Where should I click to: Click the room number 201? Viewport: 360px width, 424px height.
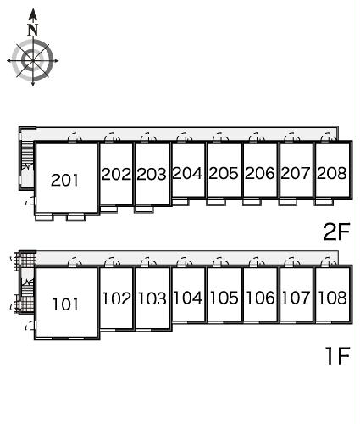click(64, 180)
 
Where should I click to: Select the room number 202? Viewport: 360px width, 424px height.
click(116, 174)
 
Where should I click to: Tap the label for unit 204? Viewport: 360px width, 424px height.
click(187, 173)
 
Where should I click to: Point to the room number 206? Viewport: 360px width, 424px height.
click(260, 173)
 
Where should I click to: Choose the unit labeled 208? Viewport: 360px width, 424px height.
click(332, 173)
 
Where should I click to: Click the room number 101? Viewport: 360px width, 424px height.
click(65, 304)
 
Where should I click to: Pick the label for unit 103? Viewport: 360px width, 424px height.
click(152, 298)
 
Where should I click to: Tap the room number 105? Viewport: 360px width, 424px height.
click(224, 298)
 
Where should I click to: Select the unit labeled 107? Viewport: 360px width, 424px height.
click(296, 298)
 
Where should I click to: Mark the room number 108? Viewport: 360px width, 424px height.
click(332, 298)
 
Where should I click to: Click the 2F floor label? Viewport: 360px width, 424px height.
click(336, 232)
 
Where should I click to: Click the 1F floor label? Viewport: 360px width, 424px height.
click(338, 355)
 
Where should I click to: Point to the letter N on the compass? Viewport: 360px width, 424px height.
click(33, 30)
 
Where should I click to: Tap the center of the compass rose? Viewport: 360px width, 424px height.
click(33, 60)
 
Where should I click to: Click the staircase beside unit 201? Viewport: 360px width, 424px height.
click(28, 152)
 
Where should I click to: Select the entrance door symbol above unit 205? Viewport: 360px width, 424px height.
click(220, 137)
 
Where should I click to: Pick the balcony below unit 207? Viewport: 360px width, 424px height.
click(288, 202)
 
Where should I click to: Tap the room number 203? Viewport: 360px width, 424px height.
click(152, 174)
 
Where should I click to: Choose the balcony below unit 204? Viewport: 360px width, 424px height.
click(180, 202)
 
